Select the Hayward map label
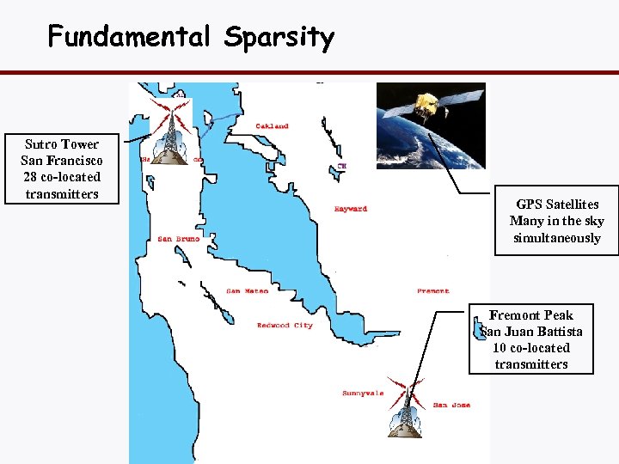tap(350, 209)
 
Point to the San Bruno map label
tap(178, 239)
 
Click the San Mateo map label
tap(247, 291)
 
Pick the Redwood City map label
tap(285, 326)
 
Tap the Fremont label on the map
tap(432, 291)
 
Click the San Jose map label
tap(451, 405)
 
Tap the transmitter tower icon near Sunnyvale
tap(406, 405)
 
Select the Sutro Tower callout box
tap(62, 169)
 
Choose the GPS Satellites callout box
tap(556, 221)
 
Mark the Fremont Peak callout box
tap(530, 339)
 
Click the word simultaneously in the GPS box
tap(556, 238)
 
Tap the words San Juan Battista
tap(531, 332)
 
